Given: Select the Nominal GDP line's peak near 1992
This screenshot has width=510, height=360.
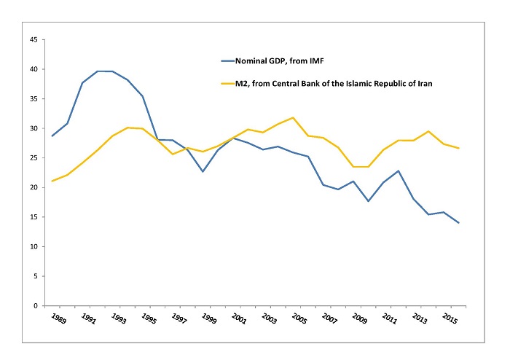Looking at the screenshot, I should point(97,71).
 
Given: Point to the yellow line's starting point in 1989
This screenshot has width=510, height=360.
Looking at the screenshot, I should point(52,181).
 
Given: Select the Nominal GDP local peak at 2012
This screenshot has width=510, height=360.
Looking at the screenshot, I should point(397,171).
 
